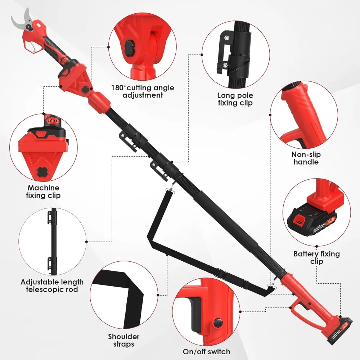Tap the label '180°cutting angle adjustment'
pyautogui.click(x=143, y=91)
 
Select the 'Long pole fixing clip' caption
pyautogui.click(x=235, y=99)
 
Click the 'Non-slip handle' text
pyautogui.click(x=306, y=158)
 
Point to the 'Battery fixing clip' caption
pyautogui.click(x=316, y=257)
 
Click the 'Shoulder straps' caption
pyautogui.click(x=123, y=341)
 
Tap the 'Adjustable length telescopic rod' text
pyautogui.click(x=52, y=285)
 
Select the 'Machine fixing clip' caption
pyautogui.click(x=43, y=192)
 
